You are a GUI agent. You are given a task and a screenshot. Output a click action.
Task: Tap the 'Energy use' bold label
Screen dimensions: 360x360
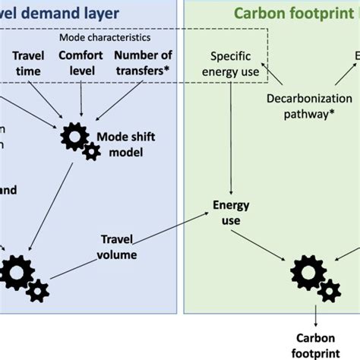click(226, 212)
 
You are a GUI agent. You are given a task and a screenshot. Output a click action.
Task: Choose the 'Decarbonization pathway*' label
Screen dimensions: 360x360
click(309, 106)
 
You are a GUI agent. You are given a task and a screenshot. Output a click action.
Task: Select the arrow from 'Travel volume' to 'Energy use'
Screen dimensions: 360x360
click(174, 232)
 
